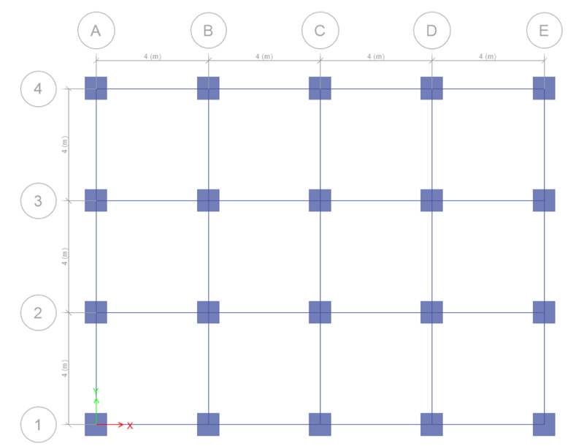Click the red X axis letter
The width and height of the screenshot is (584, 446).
(130, 426)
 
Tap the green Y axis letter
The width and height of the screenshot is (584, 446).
(96, 391)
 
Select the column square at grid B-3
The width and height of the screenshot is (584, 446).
(208, 200)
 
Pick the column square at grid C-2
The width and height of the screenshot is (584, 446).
(320, 312)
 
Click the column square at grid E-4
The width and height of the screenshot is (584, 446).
(544, 88)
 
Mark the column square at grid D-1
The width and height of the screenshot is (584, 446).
(431, 424)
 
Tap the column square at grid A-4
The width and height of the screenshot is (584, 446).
(96, 88)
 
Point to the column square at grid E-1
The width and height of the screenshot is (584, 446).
(544, 424)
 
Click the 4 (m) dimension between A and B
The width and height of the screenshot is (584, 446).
(153, 56)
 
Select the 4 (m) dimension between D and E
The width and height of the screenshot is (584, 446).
(488, 56)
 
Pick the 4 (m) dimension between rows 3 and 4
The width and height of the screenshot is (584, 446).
(65, 145)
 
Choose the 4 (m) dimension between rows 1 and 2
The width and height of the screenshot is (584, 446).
(65, 368)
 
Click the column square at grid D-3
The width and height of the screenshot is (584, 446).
(431, 200)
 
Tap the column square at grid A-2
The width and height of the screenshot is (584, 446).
(96, 312)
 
